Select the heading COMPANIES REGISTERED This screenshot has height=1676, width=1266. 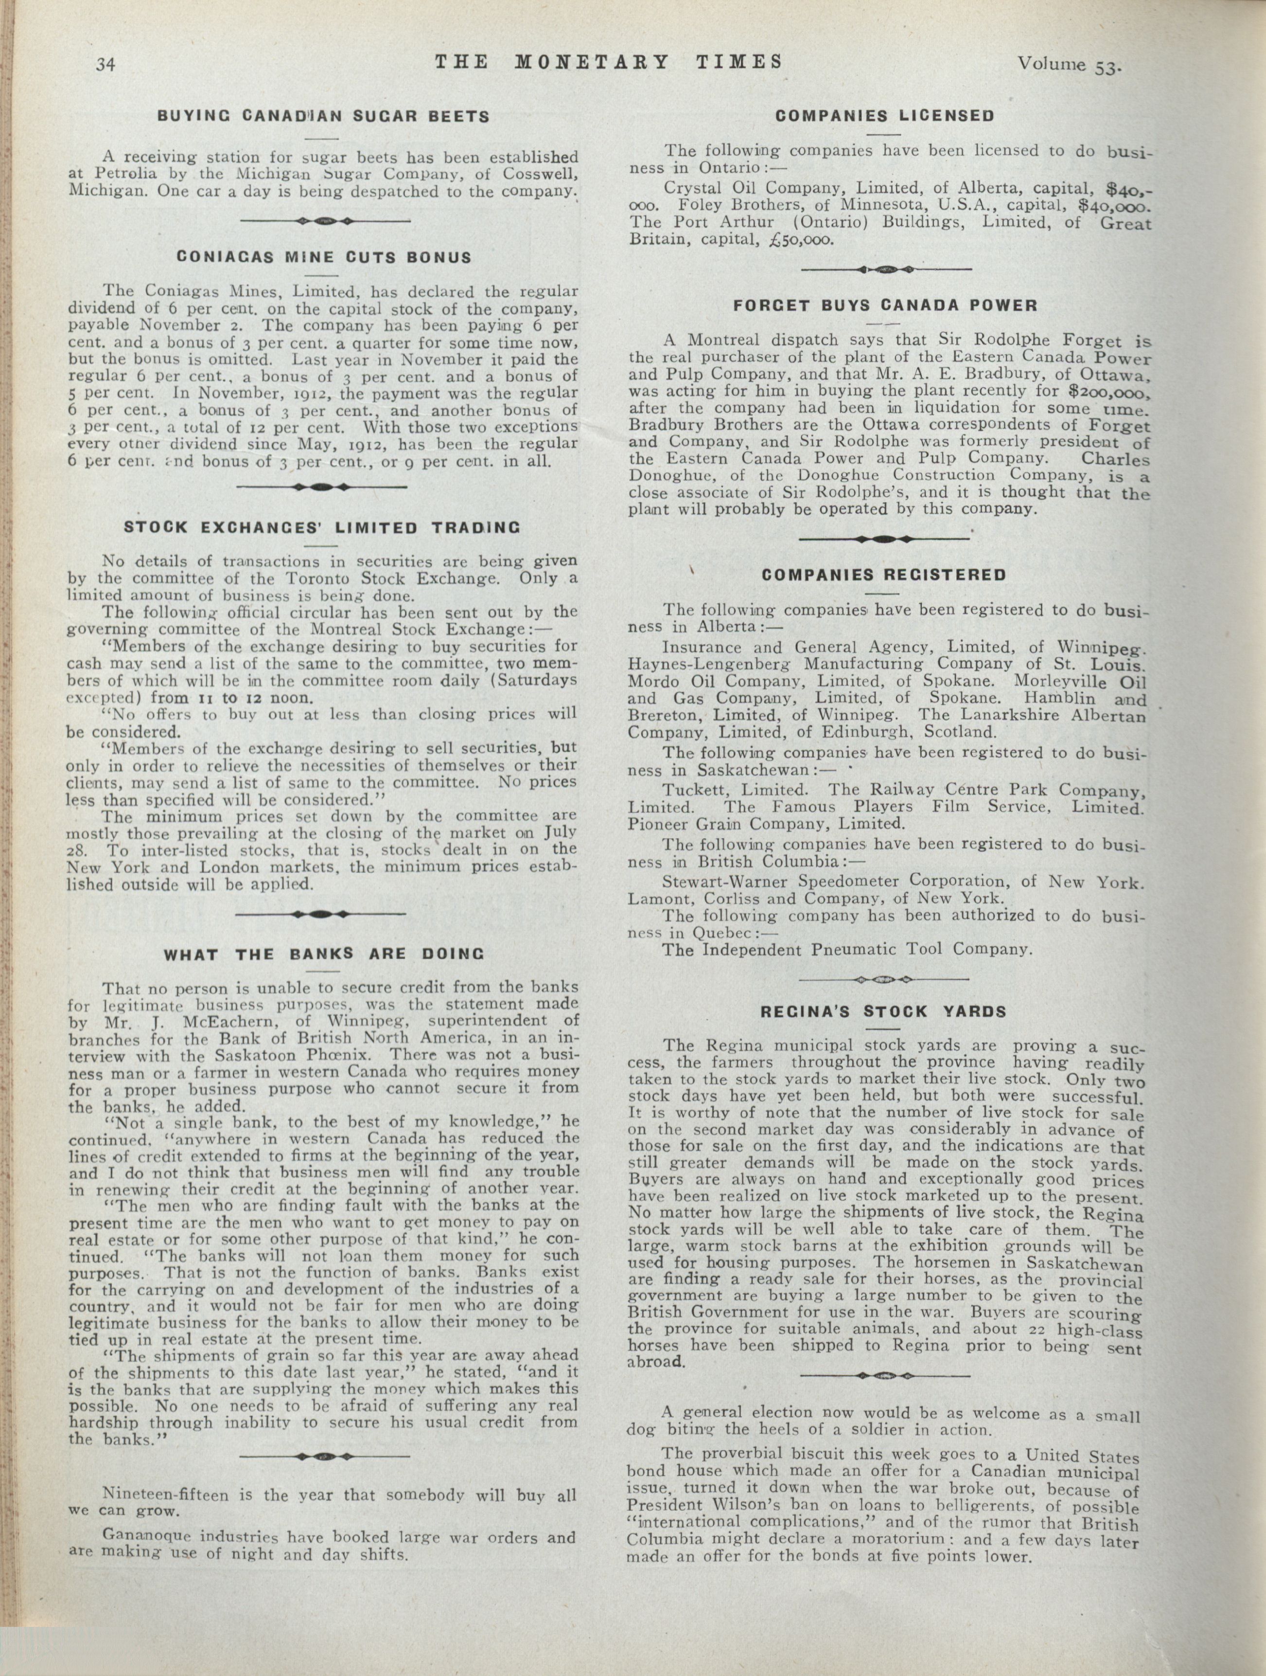point(884,575)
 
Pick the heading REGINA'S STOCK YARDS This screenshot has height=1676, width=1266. point(884,1011)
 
